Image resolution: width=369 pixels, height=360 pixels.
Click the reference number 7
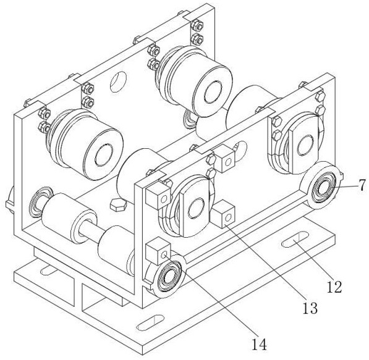[363, 185]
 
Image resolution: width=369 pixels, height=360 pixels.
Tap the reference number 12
[334, 287]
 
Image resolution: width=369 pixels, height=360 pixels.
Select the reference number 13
[310, 308]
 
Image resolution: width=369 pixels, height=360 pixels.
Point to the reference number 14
[260, 345]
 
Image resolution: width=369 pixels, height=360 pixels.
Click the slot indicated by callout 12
[295, 240]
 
